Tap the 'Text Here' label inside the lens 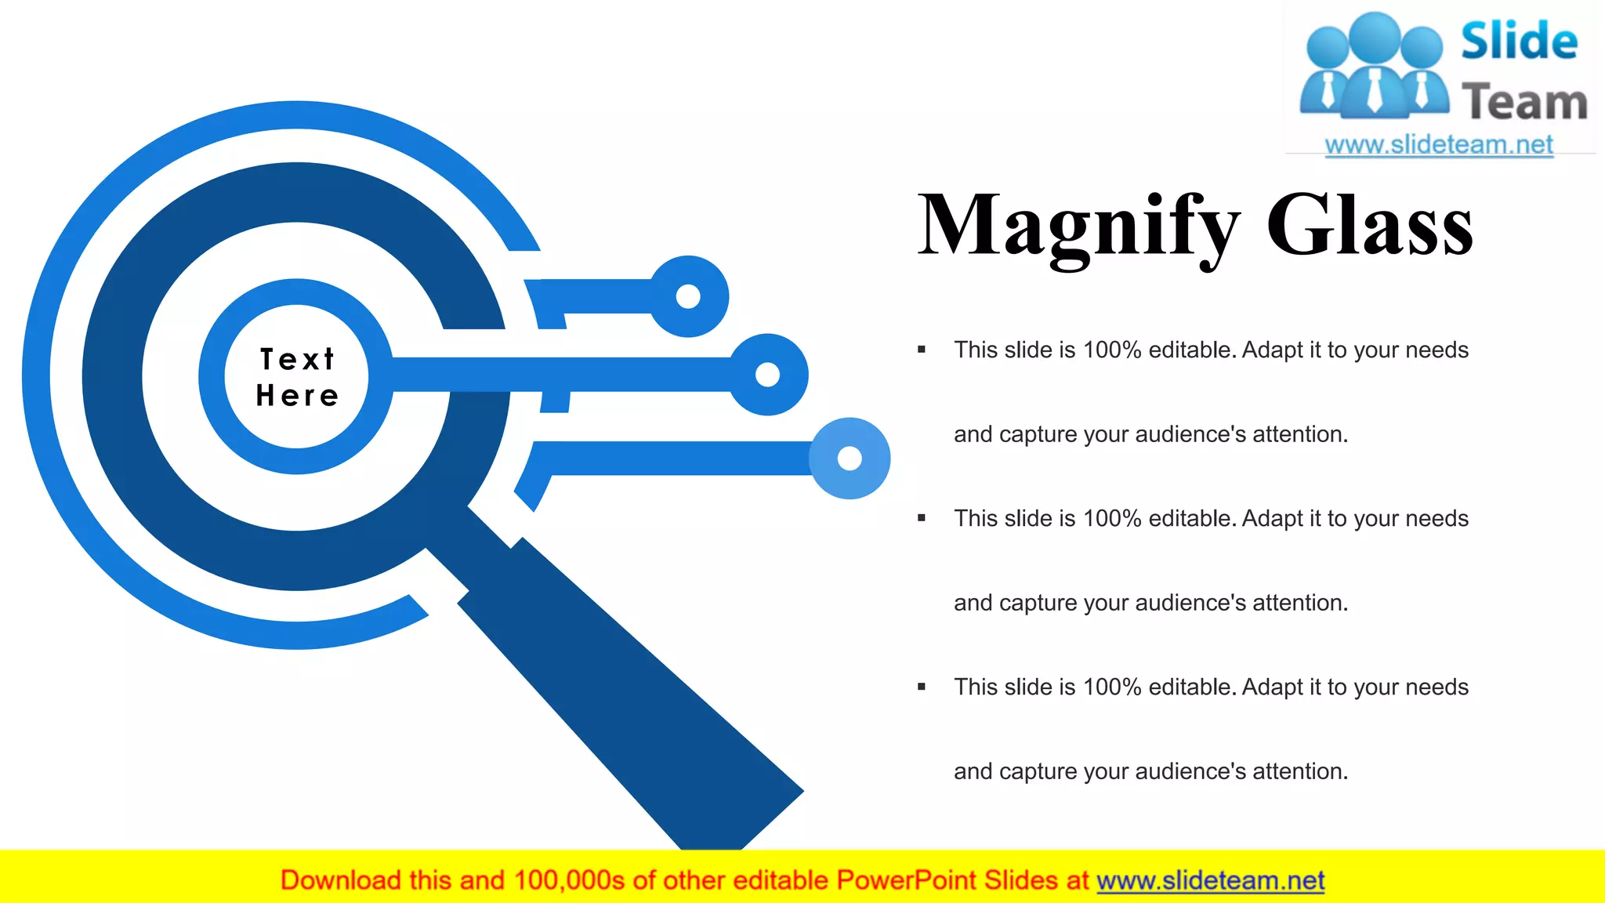tap(297, 377)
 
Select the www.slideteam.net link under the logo tap(1439, 144)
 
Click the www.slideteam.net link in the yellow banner tap(1210, 880)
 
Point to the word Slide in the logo tap(1519, 41)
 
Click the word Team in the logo tap(1524, 103)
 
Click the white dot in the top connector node tap(688, 296)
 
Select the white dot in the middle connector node tap(767, 375)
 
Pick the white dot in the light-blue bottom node tap(850, 458)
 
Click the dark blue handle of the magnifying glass tap(627, 690)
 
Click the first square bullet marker tap(922, 350)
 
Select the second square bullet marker tap(922, 518)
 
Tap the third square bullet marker tap(922, 687)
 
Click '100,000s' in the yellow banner tap(569, 880)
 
